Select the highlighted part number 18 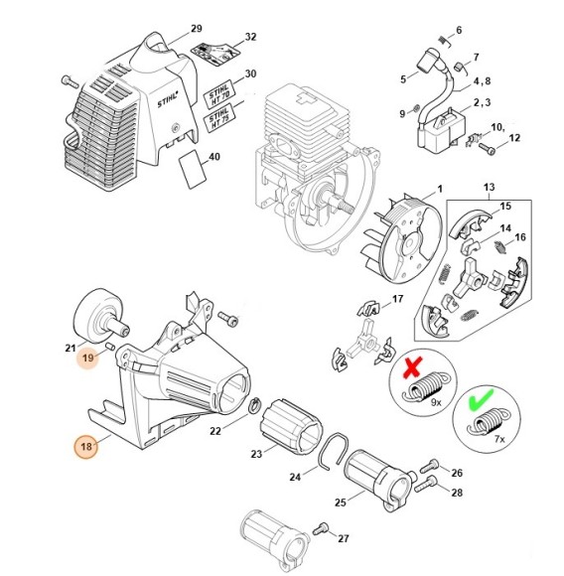coord(86,447)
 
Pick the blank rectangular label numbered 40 coord(191,170)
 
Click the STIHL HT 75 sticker coord(223,120)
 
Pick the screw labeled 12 coord(490,150)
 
